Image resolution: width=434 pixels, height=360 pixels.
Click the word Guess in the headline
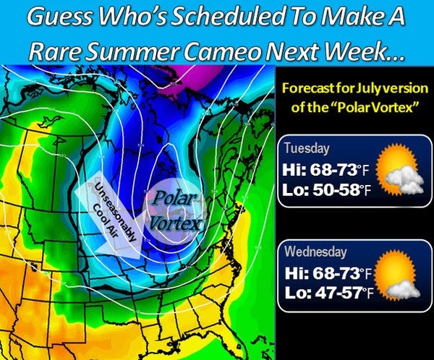click(x=59, y=17)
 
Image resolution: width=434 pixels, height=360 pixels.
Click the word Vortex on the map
click(x=175, y=223)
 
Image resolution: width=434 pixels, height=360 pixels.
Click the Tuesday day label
click(x=307, y=149)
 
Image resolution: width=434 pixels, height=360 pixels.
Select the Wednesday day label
click(x=315, y=252)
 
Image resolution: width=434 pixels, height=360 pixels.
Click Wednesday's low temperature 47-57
click(x=340, y=293)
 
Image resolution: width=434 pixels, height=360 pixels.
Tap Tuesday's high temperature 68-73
click(x=333, y=169)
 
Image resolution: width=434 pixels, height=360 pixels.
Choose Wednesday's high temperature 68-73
click(x=337, y=273)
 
